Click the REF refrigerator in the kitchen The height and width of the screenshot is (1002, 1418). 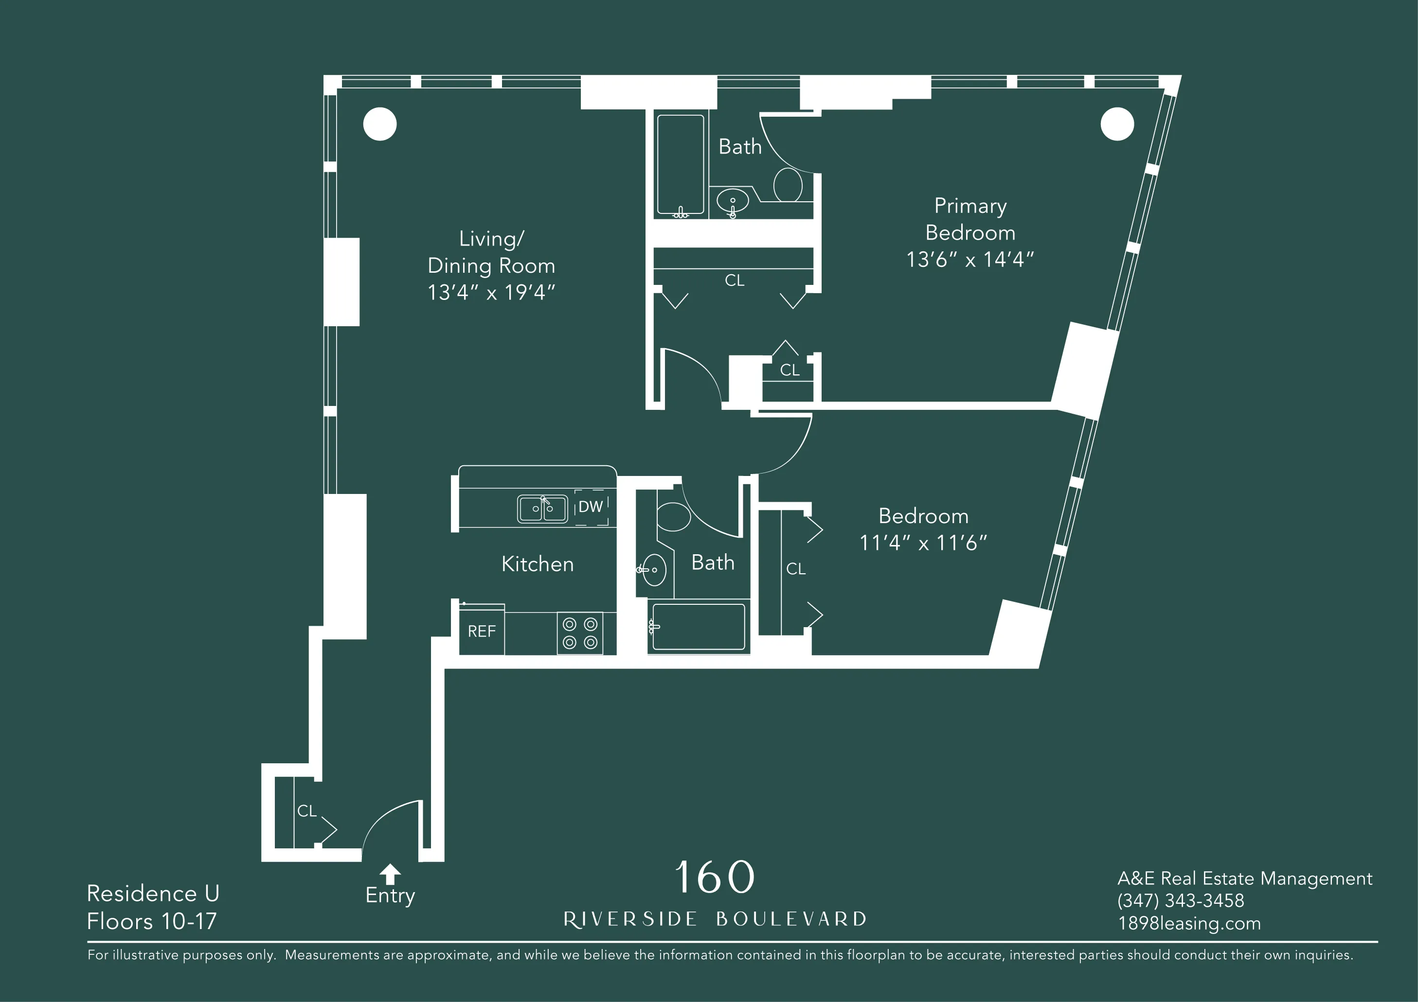tap(481, 631)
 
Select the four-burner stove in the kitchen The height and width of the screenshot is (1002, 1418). tap(580, 633)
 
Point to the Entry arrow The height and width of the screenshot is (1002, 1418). tap(390, 874)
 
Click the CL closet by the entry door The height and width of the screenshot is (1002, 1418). tap(306, 810)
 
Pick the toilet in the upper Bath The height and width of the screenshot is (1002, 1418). tap(788, 185)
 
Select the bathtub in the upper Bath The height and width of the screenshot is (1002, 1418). tap(680, 165)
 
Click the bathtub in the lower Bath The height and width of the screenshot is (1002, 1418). tap(699, 627)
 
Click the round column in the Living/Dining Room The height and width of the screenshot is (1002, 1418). tap(380, 124)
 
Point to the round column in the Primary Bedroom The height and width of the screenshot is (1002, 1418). tap(1116, 124)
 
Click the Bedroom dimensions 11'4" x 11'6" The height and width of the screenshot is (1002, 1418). tap(923, 543)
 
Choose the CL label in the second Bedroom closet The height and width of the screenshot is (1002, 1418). tap(795, 569)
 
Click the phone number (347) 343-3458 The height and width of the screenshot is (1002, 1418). tap(1180, 901)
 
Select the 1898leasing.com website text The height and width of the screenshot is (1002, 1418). tap(1189, 924)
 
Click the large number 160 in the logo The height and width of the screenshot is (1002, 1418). tap(715, 877)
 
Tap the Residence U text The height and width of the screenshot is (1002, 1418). tap(153, 894)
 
